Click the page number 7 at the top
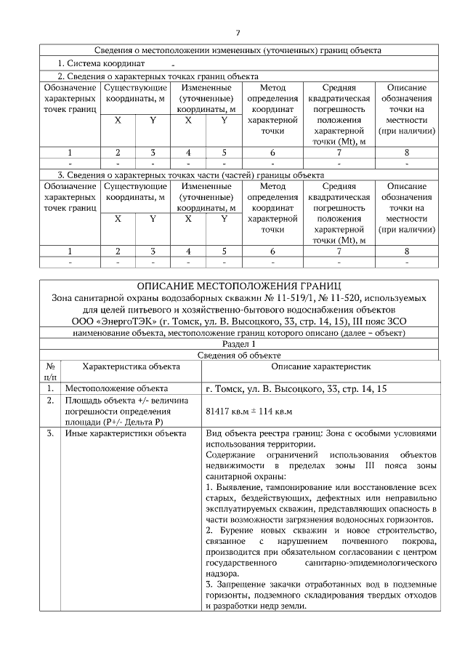point(238,33)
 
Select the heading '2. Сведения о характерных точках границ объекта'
point(158,75)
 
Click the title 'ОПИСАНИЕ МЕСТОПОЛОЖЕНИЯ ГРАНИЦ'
point(238,286)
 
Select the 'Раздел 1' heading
point(238,344)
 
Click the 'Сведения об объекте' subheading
point(238,356)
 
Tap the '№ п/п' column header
point(51,372)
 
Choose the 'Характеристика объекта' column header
point(126,367)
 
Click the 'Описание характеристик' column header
point(321,367)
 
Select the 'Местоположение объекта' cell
point(117,388)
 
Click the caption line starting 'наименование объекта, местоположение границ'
point(238,333)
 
